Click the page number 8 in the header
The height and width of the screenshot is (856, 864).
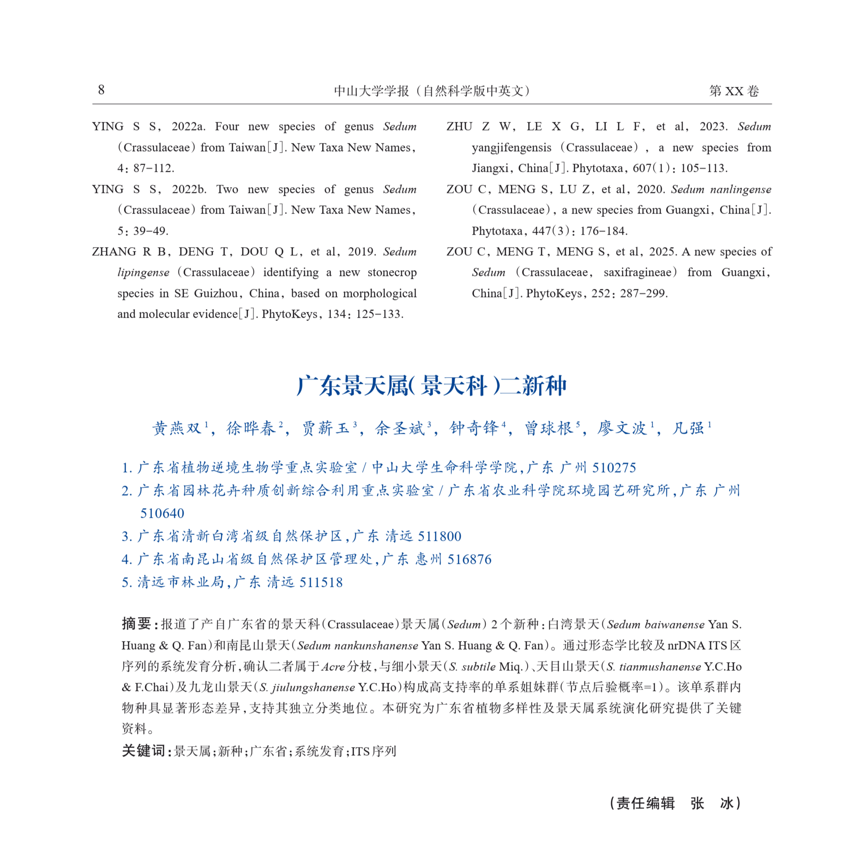pyautogui.click(x=101, y=90)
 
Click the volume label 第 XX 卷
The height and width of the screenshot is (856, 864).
pyautogui.click(x=734, y=91)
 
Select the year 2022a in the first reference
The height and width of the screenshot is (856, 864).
pyautogui.click(x=188, y=127)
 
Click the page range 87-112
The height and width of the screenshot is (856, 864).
pyautogui.click(x=154, y=168)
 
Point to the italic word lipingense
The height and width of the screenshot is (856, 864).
pyautogui.click(x=143, y=273)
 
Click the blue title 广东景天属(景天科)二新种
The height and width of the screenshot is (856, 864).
pyautogui.click(x=432, y=386)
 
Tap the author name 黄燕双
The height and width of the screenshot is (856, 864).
pyautogui.click(x=177, y=428)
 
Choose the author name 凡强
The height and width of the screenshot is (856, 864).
pyautogui.click(x=688, y=428)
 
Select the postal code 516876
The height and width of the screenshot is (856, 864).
pyautogui.click(x=469, y=559)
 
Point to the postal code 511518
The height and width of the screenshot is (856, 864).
pyautogui.click(x=321, y=583)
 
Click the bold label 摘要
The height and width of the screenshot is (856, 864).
pyautogui.click(x=137, y=624)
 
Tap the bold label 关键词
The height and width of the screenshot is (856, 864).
pyautogui.click(x=144, y=751)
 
